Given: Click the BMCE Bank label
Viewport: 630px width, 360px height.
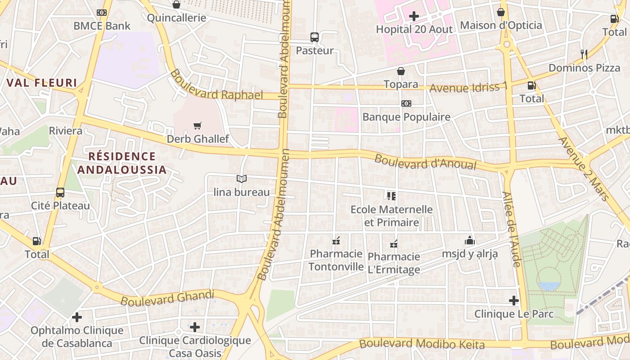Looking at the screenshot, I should (x=102, y=26).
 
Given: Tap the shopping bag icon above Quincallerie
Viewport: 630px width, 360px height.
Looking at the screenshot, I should (x=176, y=4).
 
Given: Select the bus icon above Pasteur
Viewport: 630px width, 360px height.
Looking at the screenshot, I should (x=315, y=37).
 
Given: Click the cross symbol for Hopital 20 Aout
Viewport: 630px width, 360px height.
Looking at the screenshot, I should (x=414, y=17).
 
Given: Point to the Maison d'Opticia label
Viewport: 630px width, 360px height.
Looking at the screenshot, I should (x=501, y=25).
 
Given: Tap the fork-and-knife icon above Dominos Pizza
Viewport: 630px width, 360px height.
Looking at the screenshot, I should (x=584, y=54).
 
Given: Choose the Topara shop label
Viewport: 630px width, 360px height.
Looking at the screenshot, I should (x=400, y=84).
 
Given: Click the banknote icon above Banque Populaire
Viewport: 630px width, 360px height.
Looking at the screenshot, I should (x=406, y=103).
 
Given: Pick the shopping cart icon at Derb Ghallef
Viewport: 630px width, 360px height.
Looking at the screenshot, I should (x=197, y=126).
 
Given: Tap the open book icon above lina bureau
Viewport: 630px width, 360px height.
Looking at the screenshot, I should (x=242, y=179).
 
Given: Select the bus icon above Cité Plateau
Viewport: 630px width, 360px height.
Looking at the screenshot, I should (x=60, y=193).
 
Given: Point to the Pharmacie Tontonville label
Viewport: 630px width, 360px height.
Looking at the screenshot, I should (x=336, y=260).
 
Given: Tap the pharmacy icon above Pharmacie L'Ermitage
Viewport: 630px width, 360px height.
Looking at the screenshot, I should (x=394, y=243).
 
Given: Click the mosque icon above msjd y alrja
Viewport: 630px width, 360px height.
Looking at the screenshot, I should (x=470, y=240).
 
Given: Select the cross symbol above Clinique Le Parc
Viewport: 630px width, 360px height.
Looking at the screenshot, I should (x=514, y=301).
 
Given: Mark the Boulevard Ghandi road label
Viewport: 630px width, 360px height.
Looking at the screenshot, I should (x=167, y=297).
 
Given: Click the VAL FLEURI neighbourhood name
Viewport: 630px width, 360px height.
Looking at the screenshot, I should (x=42, y=83).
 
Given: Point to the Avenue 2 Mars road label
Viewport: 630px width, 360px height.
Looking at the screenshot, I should (x=583, y=168).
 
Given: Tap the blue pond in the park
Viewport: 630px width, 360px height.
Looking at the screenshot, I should (x=549, y=286).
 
